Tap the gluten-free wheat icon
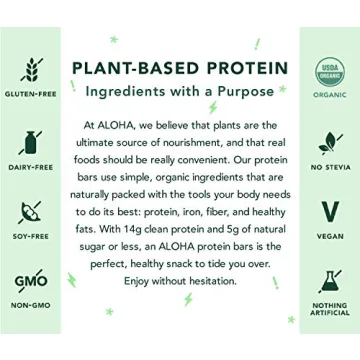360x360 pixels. click(x=30, y=70)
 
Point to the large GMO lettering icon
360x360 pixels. click(x=30, y=279)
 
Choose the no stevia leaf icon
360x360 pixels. click(x=329, y=141)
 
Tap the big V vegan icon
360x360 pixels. click(x=329, y=211)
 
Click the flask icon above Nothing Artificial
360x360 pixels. click(x=329, y=281)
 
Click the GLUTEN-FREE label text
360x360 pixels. click(x=30, y=94)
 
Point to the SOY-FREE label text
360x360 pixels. click(x=30, y=236)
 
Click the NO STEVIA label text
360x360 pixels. click(x=329, y=168)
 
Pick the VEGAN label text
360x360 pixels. click(x=329, y=237)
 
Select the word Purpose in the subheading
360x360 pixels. click(x=240, y=91)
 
